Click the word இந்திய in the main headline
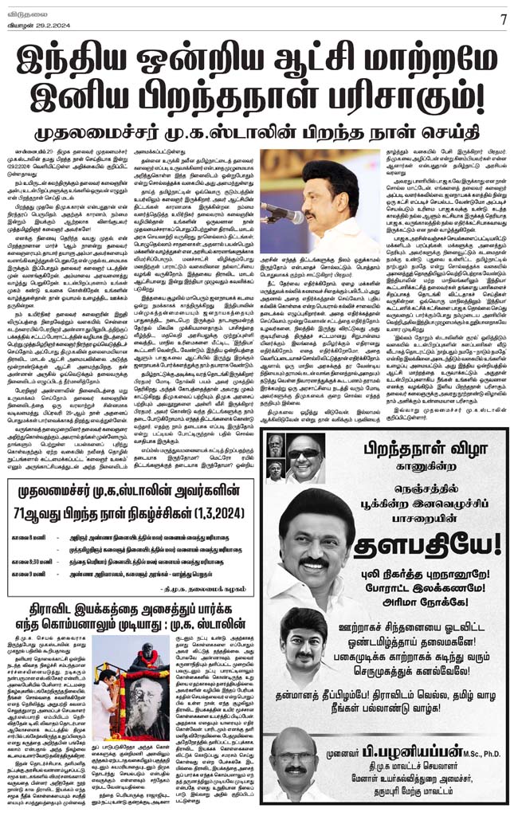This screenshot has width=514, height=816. (72, 57)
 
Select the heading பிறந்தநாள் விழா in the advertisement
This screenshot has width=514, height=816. (431, 445)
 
